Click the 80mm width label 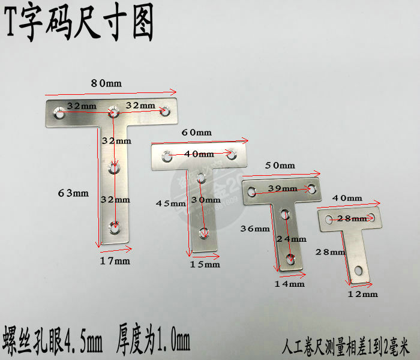click(x=106, y=83)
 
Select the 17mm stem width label click(x=115, y=261)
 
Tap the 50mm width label click(x=280, y=165)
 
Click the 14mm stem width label click(x=290, y=283)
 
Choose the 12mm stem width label click(x=363, y=294)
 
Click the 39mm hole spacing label click(x=282, y=188)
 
